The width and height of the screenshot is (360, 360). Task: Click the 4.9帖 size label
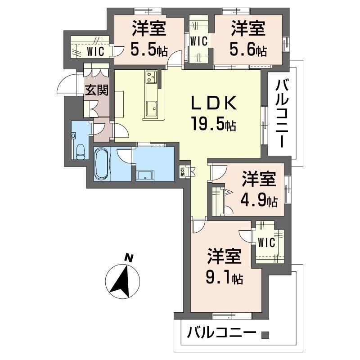pyautogui.click(x=259, y=200)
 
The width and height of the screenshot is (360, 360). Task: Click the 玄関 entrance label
pyautogui.click(x=97, y=90)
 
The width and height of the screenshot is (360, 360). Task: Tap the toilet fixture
pyautogui.click(x=80, y=151)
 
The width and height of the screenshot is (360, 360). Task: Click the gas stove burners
pyautogui.click(x=151, y=76)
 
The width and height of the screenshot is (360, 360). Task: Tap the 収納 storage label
pyautogui.click(x=183, y=172)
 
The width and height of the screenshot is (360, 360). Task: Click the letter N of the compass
pyautogui.click(x=129, y=258)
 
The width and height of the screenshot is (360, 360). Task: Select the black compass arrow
pyautogui.click(x=121, y=282)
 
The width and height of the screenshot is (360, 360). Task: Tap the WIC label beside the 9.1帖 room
pyautogui.click(x=266, y=243)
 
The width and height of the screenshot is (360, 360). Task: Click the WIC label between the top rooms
pyautogui.click(x=199, y=41)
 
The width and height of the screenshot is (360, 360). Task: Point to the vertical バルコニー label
pyautogui.click(x=282, y=113)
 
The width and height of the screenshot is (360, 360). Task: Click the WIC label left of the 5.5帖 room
pyautogui.click(x=95, y=51)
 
